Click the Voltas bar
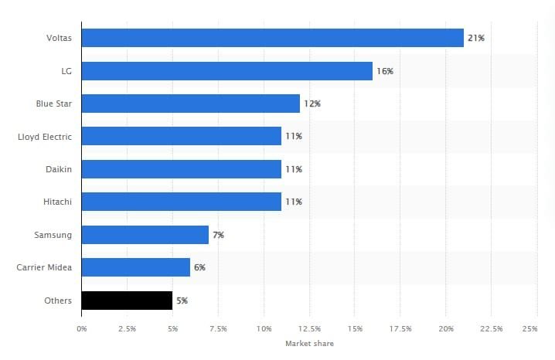coord(272,37)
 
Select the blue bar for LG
coord(226,70)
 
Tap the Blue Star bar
coord(190,104)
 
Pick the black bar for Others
coord(127,300)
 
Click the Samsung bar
coord(145,234)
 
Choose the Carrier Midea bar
coord(135,267)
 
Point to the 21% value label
coord(475,38)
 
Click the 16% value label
coord(384,71)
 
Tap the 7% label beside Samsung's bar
coord(218,235)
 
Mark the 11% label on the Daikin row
coord(293,169)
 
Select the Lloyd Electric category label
coord(45,137)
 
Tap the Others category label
coord(59,300)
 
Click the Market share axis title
coord(309,343)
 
